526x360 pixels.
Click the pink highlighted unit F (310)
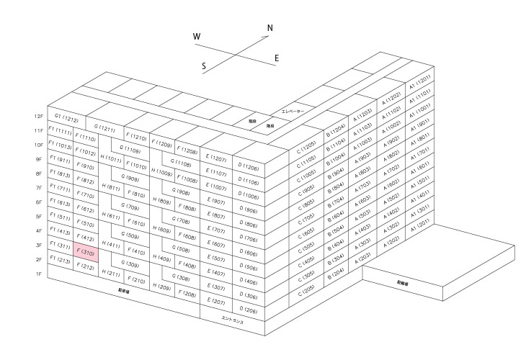(x=86, y=253)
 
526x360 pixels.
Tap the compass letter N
(x=270, y=29)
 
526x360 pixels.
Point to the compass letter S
(x=205, y=66)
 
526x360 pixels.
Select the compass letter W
(x=197, y=36)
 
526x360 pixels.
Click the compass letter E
(x=277, y=58)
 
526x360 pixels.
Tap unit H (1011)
(x=112, y=158)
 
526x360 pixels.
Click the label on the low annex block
(x=411, y=283)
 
